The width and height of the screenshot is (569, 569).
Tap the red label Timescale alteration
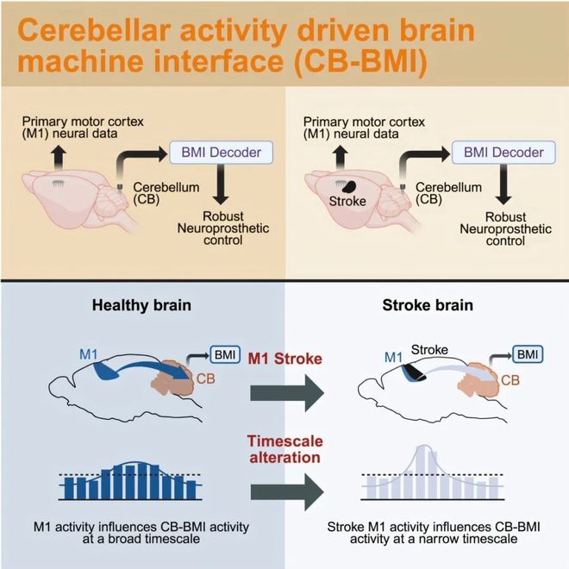point(284,447)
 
